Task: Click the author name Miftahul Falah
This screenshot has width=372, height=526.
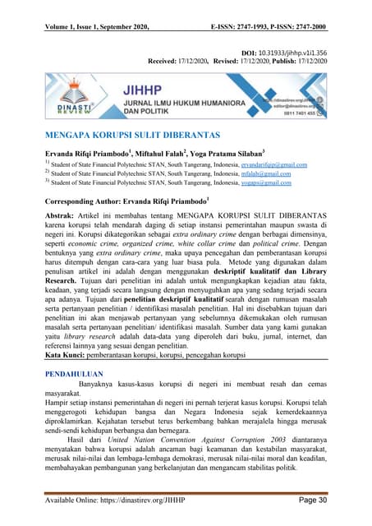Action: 160,154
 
